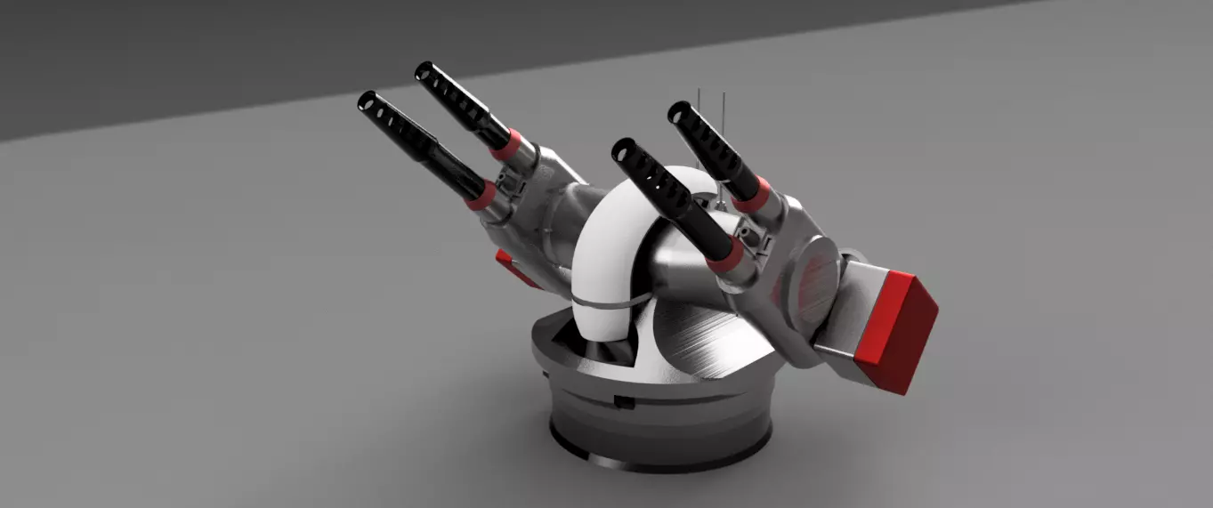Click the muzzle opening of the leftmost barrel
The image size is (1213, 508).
[366, 101]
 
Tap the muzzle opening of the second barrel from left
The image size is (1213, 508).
[424, 71]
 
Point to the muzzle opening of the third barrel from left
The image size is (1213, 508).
[620, 149]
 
